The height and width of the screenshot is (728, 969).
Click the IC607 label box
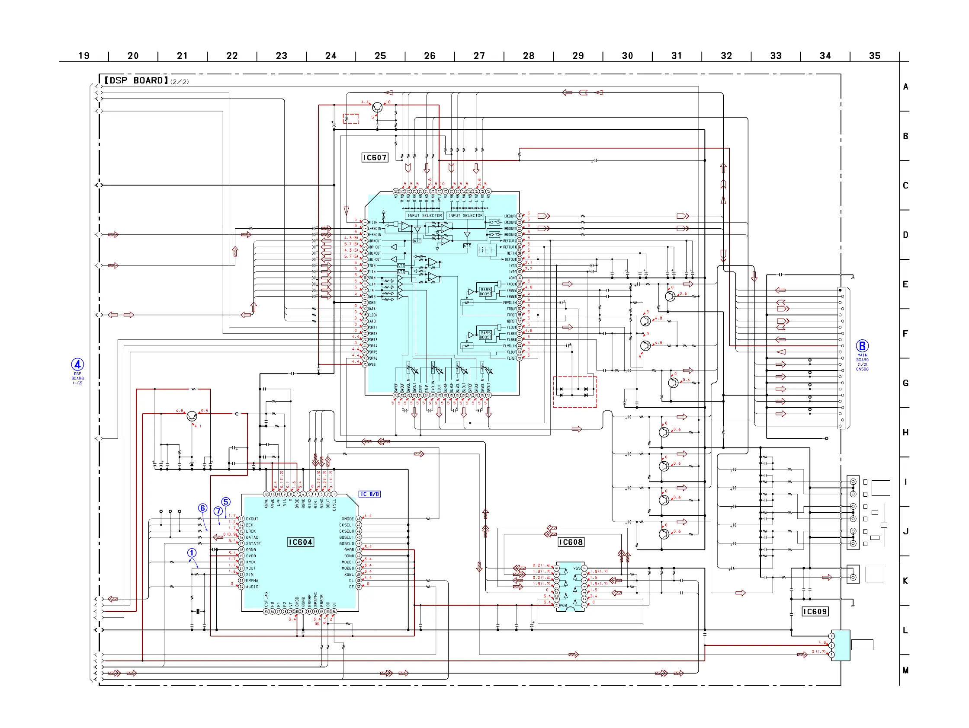[x=375, y=158]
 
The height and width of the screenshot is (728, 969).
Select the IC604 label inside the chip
[x=301, y=542]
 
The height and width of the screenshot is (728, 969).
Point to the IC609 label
[x=815, y=612]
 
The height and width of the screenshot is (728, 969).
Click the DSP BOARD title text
[x=136, y=80]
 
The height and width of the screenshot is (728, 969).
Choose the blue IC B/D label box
[x=370, y=494]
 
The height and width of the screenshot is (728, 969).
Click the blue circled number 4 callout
[x=77, y=364]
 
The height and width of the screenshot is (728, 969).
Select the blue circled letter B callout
[x=862, y=346]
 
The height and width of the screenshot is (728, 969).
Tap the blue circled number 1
[x=192, y=553]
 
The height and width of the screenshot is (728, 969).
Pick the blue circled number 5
[x=226, y=501]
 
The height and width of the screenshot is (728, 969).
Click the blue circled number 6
[x=202, y=508]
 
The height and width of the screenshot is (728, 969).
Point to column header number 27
[x=479, y=56]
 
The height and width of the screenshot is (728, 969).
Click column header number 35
[x=874, y=56]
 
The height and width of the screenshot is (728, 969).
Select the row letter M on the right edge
[x=905, y=670]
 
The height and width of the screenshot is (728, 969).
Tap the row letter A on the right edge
[x=905, y=87]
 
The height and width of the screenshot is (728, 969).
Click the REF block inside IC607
[x=487, y=250]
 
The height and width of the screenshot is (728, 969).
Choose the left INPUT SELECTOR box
[x=424, y=215]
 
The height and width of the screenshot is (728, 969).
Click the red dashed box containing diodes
[x=574, y=392]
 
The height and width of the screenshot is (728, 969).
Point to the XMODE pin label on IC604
[x=348, y=519]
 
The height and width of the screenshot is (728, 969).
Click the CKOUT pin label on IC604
[x=252, y=519]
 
